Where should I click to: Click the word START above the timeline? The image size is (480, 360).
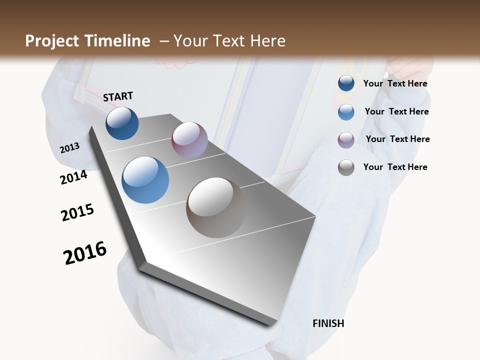118,96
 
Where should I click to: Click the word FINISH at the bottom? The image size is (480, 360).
328,323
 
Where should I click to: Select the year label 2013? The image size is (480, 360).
69,148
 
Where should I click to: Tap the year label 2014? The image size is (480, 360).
73,177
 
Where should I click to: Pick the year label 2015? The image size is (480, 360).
77,212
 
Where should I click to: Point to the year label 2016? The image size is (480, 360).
85,253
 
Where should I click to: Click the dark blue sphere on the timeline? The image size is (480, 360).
122,123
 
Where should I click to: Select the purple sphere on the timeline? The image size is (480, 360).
189,140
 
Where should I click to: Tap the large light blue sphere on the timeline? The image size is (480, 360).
145,180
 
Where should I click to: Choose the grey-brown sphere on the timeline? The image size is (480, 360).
216,207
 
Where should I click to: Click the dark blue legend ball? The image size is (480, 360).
346,83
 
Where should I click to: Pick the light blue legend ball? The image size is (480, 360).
346,112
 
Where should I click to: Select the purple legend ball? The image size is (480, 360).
346,140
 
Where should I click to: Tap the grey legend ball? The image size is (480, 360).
346,167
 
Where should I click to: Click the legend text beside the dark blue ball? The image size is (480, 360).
395,83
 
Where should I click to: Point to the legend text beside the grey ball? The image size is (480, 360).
395,167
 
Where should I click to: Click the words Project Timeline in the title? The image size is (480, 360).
87,41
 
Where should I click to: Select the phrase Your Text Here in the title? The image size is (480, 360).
229,41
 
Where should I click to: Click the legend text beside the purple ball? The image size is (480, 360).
397,139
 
